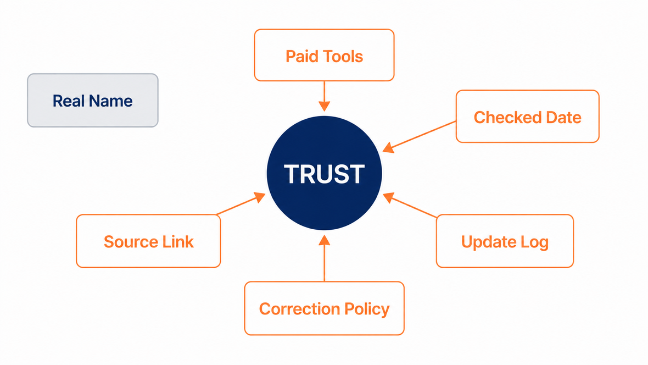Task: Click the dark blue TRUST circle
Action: pos(325,173)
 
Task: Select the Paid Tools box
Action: pos(325,55)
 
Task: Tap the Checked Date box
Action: pos(528,117)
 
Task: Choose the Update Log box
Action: pos(505,241)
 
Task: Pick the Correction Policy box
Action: pos(325,308)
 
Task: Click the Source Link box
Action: pos(148,241)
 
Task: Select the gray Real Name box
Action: pos(93,101)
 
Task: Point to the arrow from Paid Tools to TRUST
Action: pos(325,96)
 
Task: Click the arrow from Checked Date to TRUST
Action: pos(419,136)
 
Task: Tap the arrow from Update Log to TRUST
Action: pos(410,205)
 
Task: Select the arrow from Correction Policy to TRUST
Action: pos(325,258)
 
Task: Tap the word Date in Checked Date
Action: pos(563,118)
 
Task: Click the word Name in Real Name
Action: pos(110,101)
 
